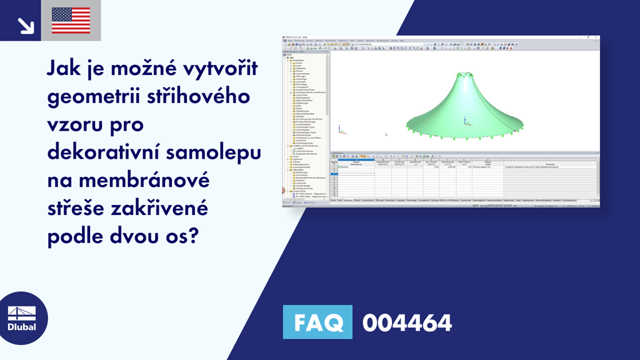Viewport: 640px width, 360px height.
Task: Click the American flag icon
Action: pos(71,20)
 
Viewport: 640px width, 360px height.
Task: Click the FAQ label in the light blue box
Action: pos(317,323)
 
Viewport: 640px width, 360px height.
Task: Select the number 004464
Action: pos(407,323)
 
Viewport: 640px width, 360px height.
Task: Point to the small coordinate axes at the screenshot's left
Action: pos(340,130)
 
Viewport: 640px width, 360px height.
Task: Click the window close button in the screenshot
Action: pos(597,37)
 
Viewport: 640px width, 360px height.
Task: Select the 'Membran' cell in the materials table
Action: pos(344,167)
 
